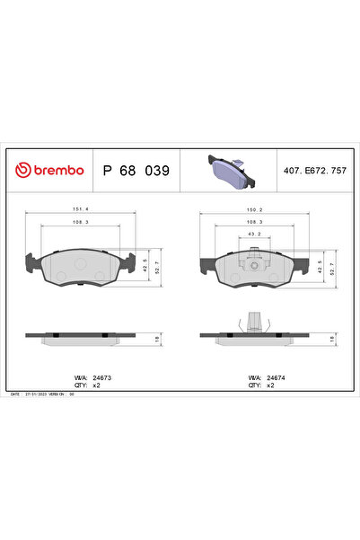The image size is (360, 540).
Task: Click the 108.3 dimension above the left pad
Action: pos(80,222)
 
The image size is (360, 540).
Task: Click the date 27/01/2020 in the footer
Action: pos(35,394)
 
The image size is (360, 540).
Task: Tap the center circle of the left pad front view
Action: pos(80,265)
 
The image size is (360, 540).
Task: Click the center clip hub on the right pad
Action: pos(254,265)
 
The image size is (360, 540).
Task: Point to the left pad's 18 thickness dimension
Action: pos(158,338)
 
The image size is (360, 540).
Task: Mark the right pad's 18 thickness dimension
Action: pos(332,338)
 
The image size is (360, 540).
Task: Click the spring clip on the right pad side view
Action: pos(254,321)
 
